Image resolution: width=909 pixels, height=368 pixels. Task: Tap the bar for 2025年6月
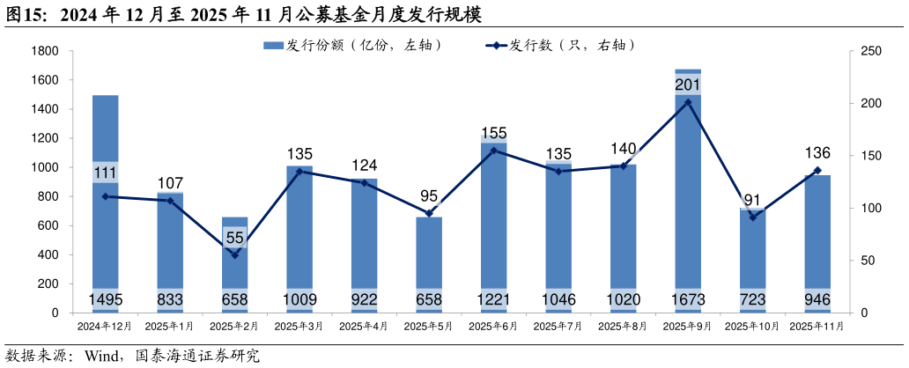pos(494,229)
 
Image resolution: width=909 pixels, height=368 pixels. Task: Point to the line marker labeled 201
pos(688,102)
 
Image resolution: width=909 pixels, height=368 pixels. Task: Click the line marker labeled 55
pos(235,255)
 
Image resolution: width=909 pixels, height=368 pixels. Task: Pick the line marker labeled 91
pos(753,217)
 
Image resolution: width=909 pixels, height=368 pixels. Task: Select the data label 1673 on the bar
pos(688,300)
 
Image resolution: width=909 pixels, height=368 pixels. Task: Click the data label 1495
pos(106,300)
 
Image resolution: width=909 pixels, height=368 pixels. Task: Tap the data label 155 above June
pos(494,133)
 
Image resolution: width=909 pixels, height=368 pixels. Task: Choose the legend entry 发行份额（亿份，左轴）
pos(352,45)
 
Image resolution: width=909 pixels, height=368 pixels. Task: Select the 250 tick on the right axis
pos(870,51)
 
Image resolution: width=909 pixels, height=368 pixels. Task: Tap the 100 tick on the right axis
pos(870,209)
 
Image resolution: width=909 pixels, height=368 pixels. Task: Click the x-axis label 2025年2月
pos(234,326)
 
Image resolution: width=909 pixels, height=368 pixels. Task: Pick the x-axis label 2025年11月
pos(817,326)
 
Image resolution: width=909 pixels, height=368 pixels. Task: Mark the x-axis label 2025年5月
pos(428,326)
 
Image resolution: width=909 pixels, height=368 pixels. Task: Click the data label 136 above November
pos(817,153)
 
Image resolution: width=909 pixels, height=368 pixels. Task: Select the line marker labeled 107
pos(171,201)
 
